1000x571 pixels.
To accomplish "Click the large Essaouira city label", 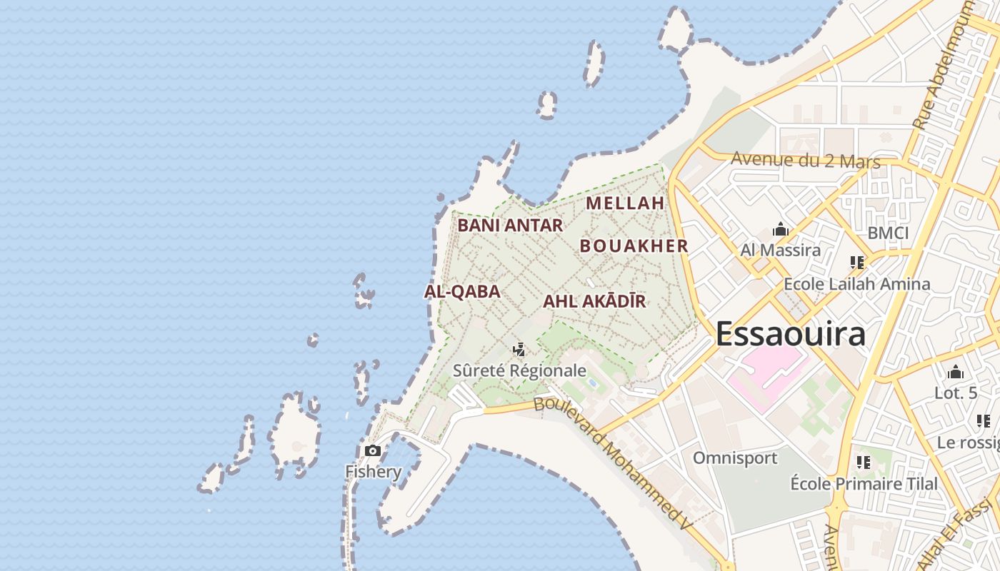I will [791, 333].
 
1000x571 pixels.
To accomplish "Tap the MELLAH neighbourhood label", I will [625, 203].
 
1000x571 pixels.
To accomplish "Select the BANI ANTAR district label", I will [510, 226].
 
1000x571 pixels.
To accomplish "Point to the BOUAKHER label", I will [634, 246].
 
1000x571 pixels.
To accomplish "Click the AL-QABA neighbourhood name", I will [462, 292].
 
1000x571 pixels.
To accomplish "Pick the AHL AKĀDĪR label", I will [594, 301].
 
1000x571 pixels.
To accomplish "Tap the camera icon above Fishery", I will [372, 450].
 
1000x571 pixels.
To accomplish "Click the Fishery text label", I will [374, 472].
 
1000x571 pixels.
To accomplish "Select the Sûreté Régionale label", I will [519, 370].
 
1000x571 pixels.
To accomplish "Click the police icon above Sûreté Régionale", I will [519, 350].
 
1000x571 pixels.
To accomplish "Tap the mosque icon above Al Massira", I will [780, 230].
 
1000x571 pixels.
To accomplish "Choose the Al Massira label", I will [780, 251].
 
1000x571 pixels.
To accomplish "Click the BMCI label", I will [888, 233].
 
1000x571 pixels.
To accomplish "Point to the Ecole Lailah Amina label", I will [857, 284].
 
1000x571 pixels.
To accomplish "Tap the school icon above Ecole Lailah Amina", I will [857, 263].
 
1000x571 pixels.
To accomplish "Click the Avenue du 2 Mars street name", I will [806, 161].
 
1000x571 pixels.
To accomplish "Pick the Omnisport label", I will [735, 458].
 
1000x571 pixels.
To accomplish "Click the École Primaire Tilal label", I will [864, 484].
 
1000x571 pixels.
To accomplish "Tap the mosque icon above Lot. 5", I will [956, 372].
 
